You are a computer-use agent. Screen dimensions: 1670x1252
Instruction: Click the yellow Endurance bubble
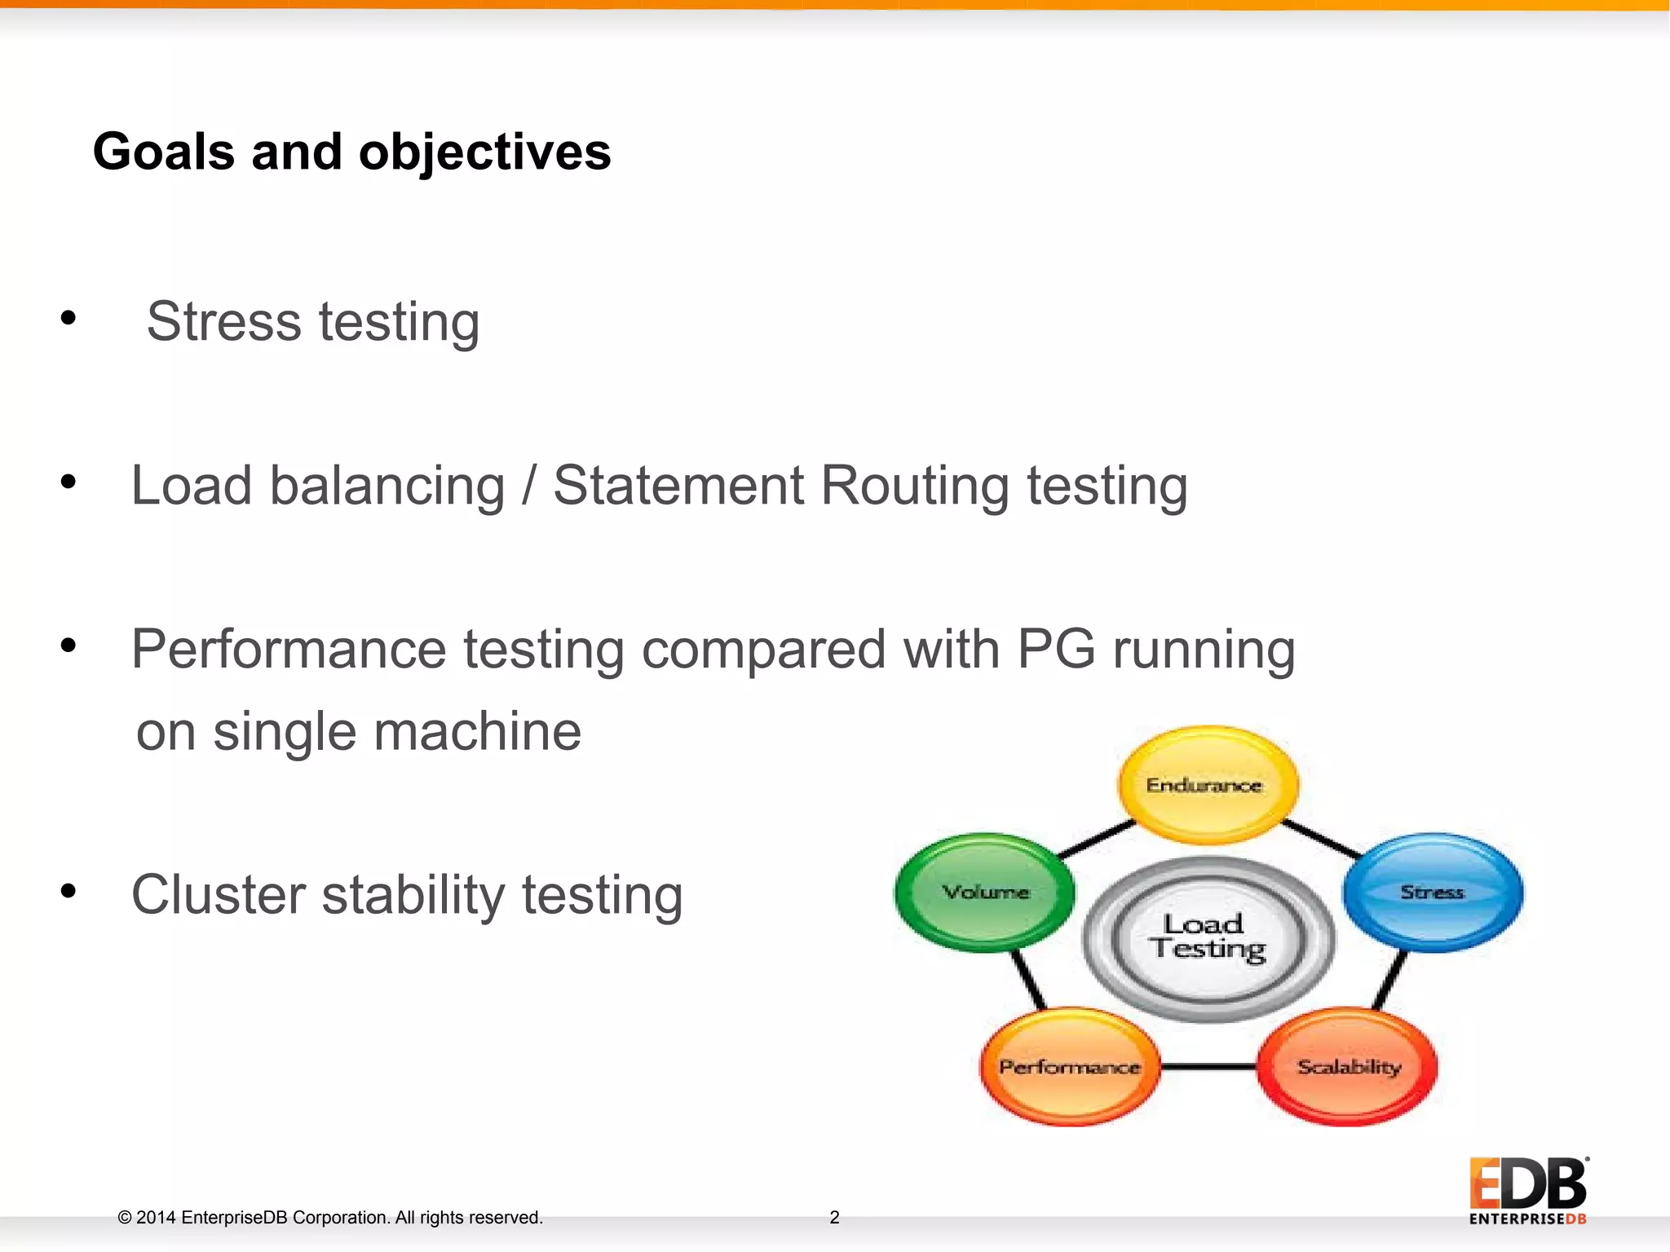click(1208, 785)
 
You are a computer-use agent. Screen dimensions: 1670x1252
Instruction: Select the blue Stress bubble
click(1433, 892)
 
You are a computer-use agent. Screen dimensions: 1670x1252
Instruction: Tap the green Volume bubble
click(985, 892)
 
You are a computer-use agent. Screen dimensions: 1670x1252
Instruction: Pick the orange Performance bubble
click(1069, 1067)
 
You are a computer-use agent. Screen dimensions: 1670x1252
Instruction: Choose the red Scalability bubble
click(1348, 1067)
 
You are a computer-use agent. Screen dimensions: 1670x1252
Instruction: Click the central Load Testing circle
click(1208, 938)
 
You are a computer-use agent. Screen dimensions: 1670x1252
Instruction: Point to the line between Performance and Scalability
click(1208, 1066)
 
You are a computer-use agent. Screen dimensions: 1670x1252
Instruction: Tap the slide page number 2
click(834, 1217)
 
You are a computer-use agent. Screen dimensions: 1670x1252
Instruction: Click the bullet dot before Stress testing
click(68, 318)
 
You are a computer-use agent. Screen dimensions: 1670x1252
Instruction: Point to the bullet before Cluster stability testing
click(68, 891)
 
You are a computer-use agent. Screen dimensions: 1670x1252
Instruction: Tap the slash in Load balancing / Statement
click(529, 486)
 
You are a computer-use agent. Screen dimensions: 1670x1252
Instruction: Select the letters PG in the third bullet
click(1056, 650)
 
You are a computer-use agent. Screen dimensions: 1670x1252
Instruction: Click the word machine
click(478, 731)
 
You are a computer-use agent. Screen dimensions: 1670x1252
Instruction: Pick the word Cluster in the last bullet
click(218, 895)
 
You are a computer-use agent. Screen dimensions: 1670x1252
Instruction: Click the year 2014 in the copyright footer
click(155, 1218)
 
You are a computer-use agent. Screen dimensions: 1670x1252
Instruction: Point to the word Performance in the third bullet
click(289, 650)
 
